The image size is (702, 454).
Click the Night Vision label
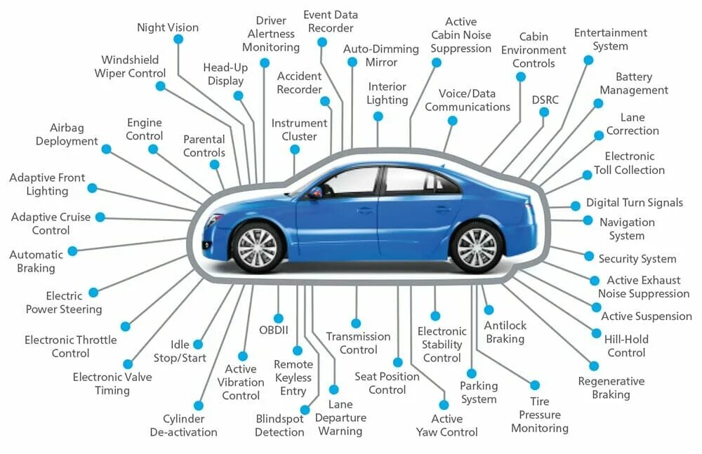(x=168, y=28)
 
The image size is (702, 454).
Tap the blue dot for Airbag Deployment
(x=106, y=149)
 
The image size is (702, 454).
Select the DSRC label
(x=545, y=100)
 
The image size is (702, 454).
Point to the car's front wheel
(x=258, y=247)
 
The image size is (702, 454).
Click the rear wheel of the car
(x=477, y=247)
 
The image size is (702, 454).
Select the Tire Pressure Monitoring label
(x=540, y=415)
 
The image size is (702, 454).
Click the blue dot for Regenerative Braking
(x=594, y=366)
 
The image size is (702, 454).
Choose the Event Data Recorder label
(x=330, y=21)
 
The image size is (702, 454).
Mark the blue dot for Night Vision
(x=178, y=40)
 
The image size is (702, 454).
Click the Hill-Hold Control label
(x=626, y=346)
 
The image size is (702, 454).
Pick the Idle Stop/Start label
(x=189, y=352)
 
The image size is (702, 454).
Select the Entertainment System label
(x=610, y=39)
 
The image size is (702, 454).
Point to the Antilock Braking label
(x=505, y=332)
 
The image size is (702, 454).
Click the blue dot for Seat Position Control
(x=397, y=362)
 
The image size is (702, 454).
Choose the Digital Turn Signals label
(x=635, y=203)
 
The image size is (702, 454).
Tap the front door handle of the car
(x=365, y=209)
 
